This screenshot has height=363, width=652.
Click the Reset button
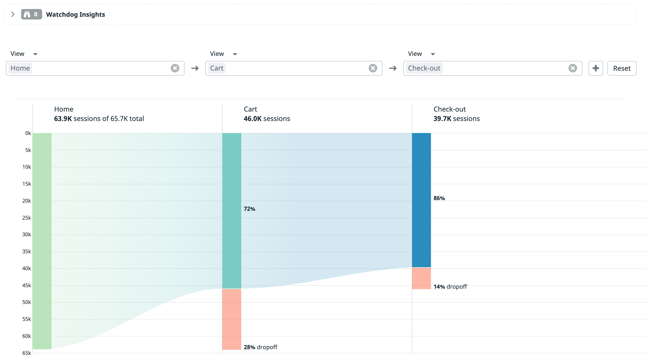coord(621,68)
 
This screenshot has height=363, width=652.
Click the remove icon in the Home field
coord(175,68)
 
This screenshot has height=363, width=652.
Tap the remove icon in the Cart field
coord(373,68)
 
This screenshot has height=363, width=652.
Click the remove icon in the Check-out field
coord(572,68)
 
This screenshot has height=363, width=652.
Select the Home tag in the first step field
coord(20,68)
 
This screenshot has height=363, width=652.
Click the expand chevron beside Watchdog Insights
coord(13,14)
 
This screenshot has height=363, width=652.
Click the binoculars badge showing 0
coord(31,14)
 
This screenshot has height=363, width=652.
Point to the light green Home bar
coord(42,241)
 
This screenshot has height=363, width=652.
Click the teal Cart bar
coord(232,210)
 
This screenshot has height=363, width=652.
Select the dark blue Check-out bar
coord(421,200)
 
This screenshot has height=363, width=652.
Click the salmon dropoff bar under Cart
coord(232,319)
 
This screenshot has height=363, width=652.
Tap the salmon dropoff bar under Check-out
coord(421,278)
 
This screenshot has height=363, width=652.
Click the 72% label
coord(249,209)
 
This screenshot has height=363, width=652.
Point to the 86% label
coord(439,198)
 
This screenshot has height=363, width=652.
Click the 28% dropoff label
coord(260,347)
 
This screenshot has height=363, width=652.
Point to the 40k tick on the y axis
coord(27,268)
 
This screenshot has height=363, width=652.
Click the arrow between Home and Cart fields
coord(195,68)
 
